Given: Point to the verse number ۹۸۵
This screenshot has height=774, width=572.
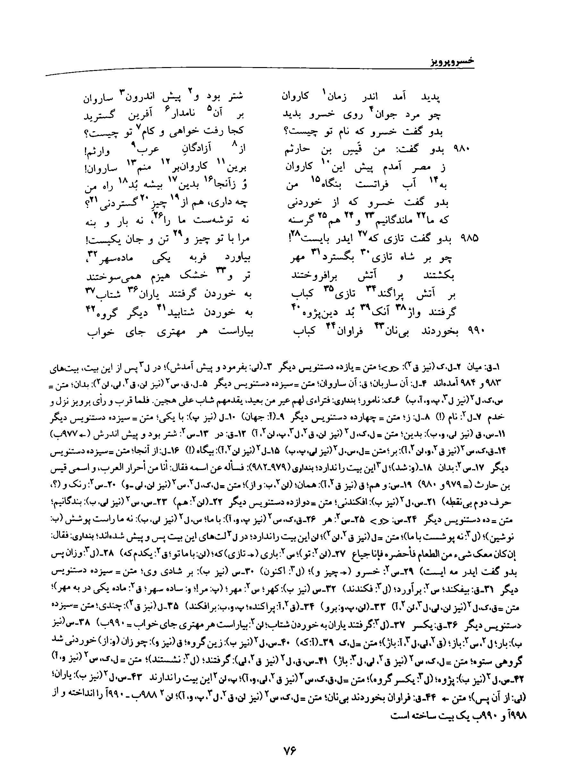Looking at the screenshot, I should coord(469,239).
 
